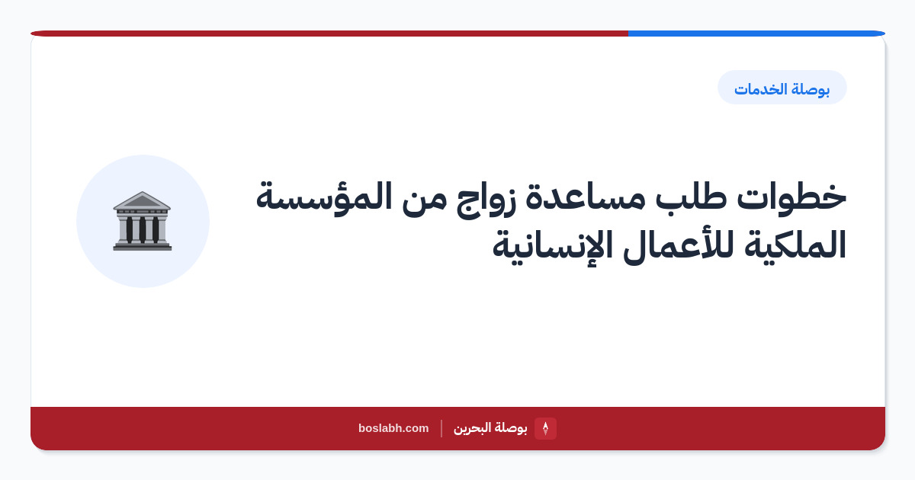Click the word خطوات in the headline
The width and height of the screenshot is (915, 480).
click(x=791, y=197)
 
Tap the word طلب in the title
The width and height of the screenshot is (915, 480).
click(x=691, y=197)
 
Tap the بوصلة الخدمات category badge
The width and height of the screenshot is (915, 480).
click(x=782, y=88)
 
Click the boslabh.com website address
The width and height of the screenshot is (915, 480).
click(x=393, y=428)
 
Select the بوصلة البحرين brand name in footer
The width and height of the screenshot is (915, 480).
click(x=490, y=428)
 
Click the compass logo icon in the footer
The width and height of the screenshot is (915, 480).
click(x=545, y=428)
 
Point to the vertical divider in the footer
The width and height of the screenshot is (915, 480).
click(x=441, y=428)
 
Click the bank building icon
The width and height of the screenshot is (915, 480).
click(x=142, y=221)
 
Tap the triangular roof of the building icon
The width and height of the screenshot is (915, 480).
click(x=142, y=200)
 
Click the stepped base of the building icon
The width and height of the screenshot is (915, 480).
click(x=142, y=245)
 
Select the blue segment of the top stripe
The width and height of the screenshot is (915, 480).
click(x=756, y=34)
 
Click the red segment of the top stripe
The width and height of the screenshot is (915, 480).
click(x=329, y=34)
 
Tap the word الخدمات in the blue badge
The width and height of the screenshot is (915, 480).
click(x=760, y=89)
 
